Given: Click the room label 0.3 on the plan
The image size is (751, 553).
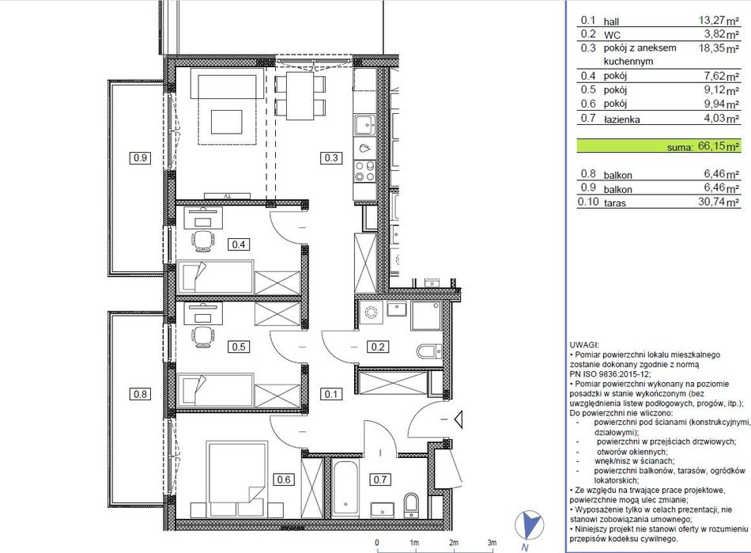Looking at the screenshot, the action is coord(331,157).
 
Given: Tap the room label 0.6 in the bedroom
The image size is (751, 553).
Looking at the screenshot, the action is coord(284,479).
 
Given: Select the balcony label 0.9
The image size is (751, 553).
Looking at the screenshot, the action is coord(141,157).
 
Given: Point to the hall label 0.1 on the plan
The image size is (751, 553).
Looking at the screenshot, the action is coord(331,394).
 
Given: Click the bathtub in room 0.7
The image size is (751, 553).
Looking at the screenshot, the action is coord(345,489).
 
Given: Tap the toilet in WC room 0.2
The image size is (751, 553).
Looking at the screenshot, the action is coord(428,351).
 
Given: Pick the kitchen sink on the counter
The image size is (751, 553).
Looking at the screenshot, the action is coord(365,125).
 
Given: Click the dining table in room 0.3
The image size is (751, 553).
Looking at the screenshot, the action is coord(300,96).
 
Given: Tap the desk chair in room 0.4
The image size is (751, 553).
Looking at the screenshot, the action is coord(202,240).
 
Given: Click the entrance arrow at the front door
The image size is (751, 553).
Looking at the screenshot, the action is coord(459,420).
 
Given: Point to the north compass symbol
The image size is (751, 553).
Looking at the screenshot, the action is coord(529,526).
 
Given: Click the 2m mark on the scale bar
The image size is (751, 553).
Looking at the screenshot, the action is coord(454,543).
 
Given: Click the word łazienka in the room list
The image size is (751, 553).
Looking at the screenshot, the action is coord(621,119).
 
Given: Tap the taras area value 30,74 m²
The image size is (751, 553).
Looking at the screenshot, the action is coord(719,202).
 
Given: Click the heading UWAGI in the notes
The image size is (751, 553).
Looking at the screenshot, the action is coord(584,345).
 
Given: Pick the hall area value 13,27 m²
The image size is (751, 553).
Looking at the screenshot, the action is coord(719,21).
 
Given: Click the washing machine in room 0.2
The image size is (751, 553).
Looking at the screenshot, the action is coord(371,313).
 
